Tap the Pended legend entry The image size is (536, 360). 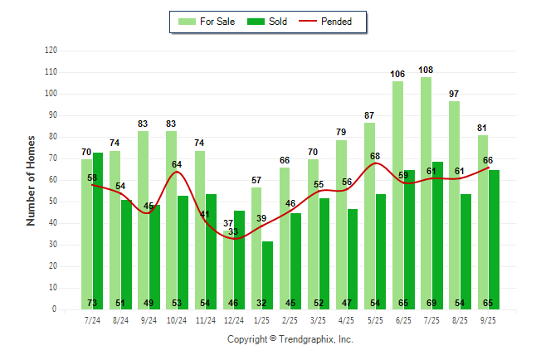(332, 22)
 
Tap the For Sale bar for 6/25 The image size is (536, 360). (397, 195)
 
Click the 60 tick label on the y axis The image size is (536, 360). (53, 180)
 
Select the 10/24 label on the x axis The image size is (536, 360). (177, 319)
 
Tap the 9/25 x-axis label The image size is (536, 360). (488, 319)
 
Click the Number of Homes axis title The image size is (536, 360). (32, 180)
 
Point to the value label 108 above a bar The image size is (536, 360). (426, 70)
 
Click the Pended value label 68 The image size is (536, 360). (375, 156)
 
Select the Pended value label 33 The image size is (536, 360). (234, 232)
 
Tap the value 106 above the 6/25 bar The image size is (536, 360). (397, 74)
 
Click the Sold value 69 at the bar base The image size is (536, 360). (437, 303)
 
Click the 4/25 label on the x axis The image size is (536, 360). (347, 319)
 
